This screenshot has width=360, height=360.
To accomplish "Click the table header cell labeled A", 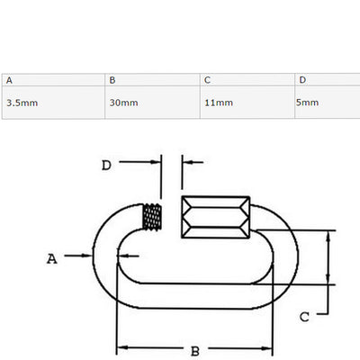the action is [x=53, y=80].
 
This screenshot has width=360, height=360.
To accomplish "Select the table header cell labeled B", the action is [x=152, y=80].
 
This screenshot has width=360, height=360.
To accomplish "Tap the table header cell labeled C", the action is [x=247, y=80].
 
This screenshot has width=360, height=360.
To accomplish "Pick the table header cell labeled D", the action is [x=328, y=80].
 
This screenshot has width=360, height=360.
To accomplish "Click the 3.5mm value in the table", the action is [x=22, y=103].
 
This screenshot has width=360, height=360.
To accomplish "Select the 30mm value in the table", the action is [x=123, y=103].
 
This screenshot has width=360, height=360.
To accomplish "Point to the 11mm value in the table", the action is [x=219, y=103].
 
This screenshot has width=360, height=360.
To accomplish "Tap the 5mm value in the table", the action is [x=307, y=103].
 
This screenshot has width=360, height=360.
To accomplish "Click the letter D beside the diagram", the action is [x=106, y=166].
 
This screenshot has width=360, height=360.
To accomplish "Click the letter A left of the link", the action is [x=52, y=258].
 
